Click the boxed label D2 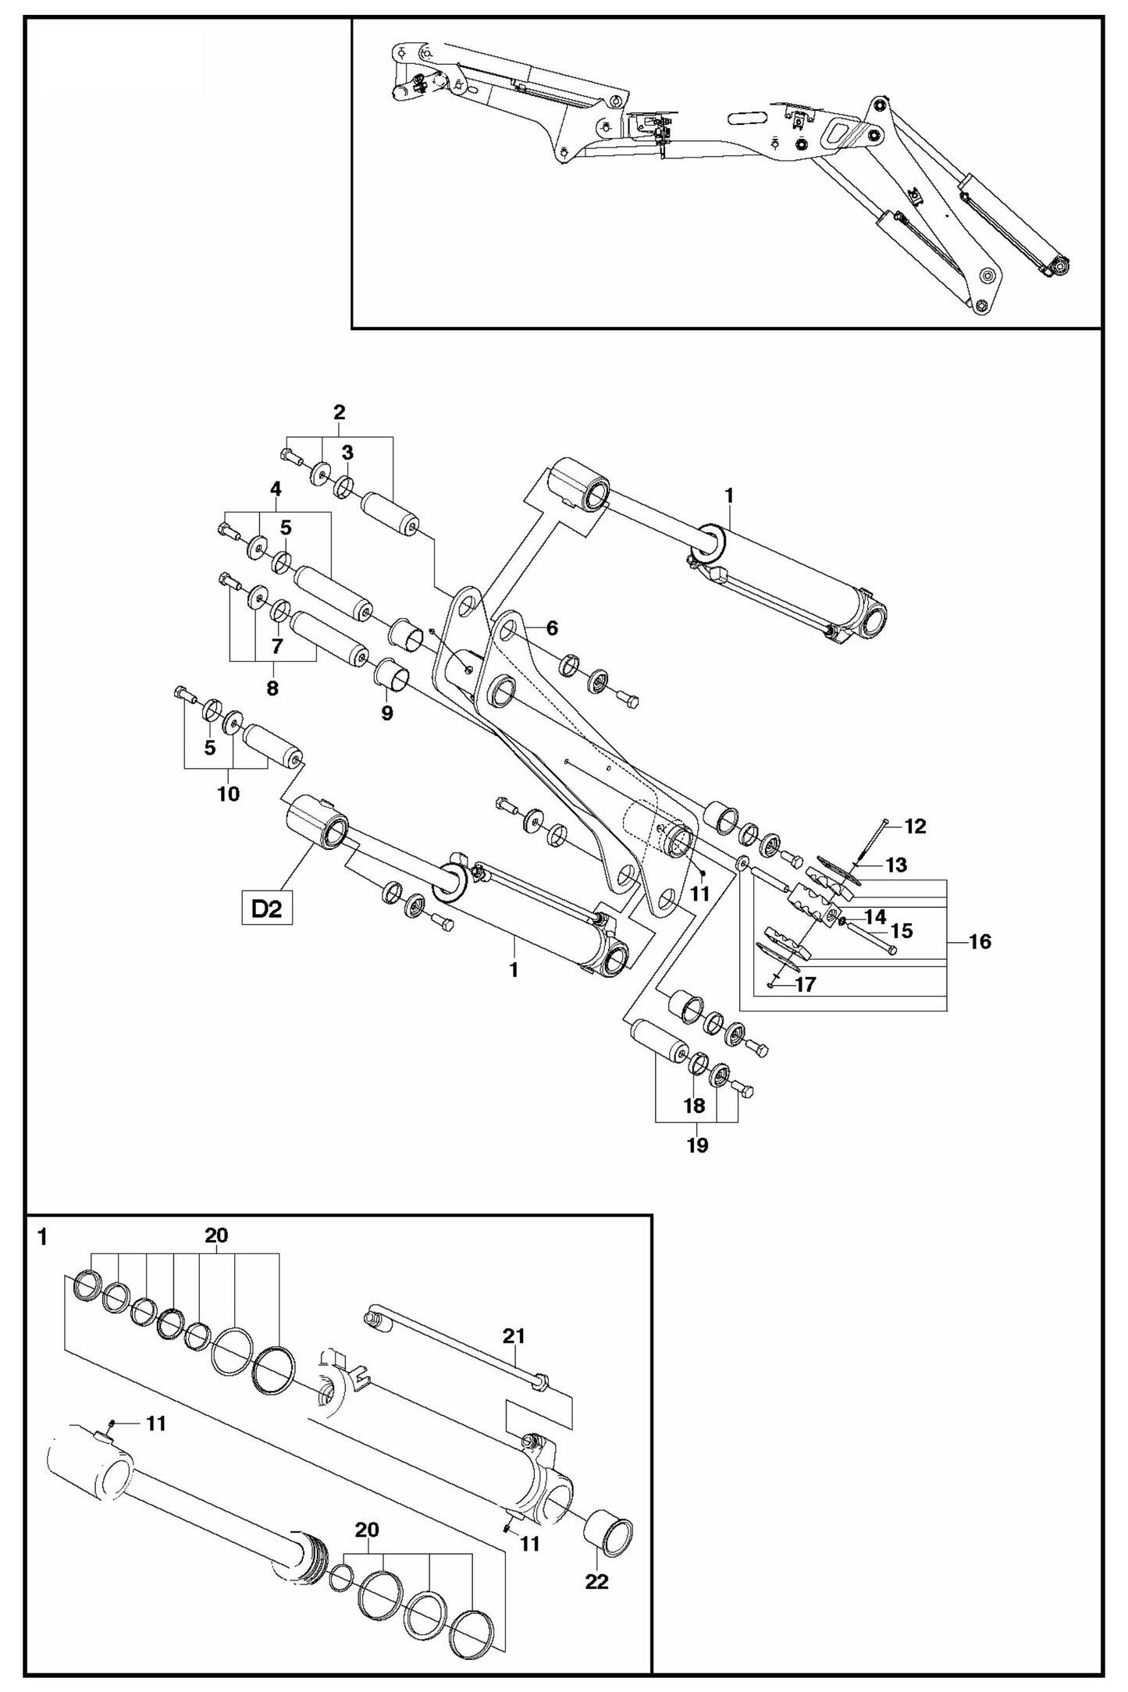(x=266, y=910)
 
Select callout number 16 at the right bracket (x=979, y=941)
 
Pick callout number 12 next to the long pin (x=914, y=826)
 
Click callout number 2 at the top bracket (x=339, y=412)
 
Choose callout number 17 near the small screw (x=805, y=984)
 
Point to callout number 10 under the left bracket (x=228, y=794)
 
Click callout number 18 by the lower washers (x=694, y=1105)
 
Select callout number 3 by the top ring (x=347, y=452)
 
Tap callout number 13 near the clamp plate (x=896, y=865)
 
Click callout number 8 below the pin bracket (x=272, y=688)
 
